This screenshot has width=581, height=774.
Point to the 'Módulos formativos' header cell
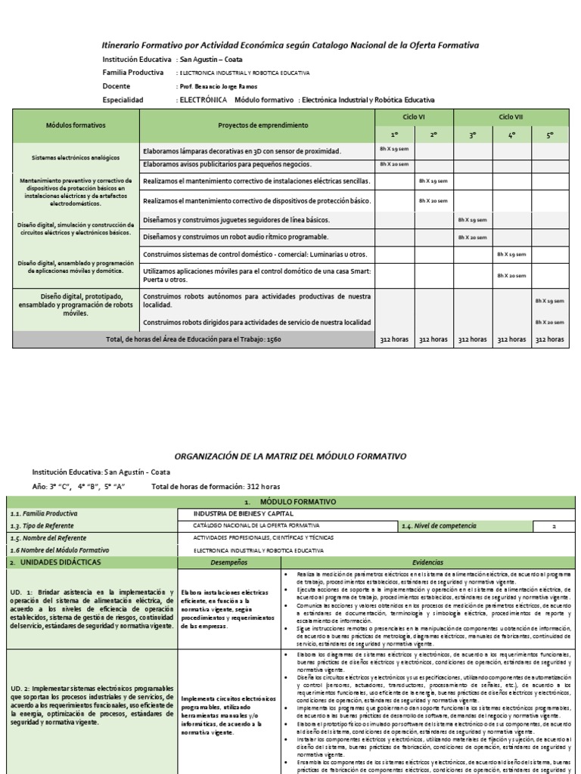point(76,125)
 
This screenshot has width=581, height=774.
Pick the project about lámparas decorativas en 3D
point(242,151)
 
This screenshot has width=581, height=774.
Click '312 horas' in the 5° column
point(550,340)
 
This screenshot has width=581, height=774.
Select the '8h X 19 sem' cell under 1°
point(394,150)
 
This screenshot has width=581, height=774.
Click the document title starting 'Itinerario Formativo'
point(290,45)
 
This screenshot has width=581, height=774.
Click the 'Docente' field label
point(116,86)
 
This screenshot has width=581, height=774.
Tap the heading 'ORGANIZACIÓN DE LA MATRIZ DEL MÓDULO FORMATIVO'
point(290,456)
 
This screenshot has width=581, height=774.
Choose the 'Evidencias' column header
point(427,562)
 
